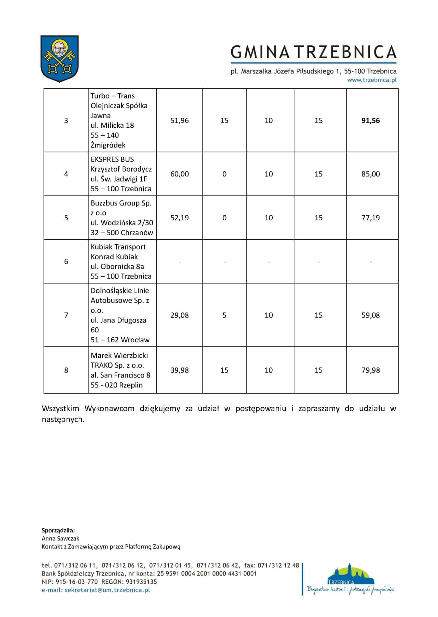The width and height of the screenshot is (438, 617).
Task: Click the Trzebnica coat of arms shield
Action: coord(59,58)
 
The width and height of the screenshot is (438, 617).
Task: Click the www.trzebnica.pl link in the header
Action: coord(372,80)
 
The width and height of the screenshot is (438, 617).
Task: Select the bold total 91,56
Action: coord(371,121)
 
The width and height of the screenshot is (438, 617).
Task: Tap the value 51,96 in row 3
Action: coord(180,121)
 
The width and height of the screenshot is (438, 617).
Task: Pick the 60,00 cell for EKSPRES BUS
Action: coord(180,174)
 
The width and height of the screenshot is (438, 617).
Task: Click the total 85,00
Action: coord(371,174)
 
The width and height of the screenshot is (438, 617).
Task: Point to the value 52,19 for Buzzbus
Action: coord(180,218)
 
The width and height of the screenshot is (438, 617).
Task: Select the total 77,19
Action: coord(371,218)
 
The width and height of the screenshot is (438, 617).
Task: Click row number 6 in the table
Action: coord(66,262)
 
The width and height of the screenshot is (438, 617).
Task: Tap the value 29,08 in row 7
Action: coord(180,315)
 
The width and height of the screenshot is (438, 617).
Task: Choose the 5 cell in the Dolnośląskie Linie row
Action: coord(224,315)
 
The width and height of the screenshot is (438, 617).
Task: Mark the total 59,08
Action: coord(371,315)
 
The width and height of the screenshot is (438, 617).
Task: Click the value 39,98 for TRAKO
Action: coord(180,370)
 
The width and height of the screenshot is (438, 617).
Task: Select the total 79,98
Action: coord(371,370)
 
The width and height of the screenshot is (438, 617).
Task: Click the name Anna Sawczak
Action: coord(61,538)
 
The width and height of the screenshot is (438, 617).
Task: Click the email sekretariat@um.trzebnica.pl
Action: coord(107,590)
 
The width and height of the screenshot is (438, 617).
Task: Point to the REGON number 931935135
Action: coord(141,582)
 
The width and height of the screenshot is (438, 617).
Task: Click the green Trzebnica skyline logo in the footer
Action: coord(351,579)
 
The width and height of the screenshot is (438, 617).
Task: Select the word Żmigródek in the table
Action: coord(108,145)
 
